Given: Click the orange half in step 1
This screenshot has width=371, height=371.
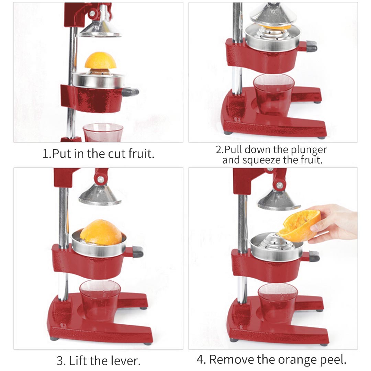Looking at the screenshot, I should (x=100, y=61).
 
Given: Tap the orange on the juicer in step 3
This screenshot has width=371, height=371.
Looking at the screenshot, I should (x=101, y=232).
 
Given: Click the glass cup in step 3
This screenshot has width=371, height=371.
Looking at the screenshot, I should (x=100, y=299).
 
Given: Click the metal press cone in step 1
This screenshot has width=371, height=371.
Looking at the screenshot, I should (x=100, y=29).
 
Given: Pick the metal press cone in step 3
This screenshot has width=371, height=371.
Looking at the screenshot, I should (x=100, y=196).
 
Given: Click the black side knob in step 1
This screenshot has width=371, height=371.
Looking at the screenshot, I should (x=131, y=92).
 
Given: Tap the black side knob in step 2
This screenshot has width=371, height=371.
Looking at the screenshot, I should (x=312, y=45).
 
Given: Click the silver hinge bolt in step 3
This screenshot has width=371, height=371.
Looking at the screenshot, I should (x=100, y=179).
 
